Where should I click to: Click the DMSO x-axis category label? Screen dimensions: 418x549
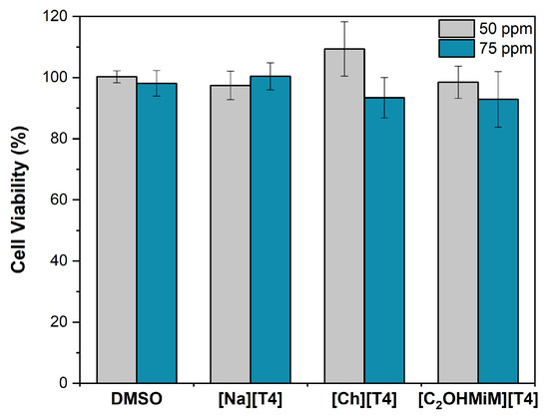click(137, 401)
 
